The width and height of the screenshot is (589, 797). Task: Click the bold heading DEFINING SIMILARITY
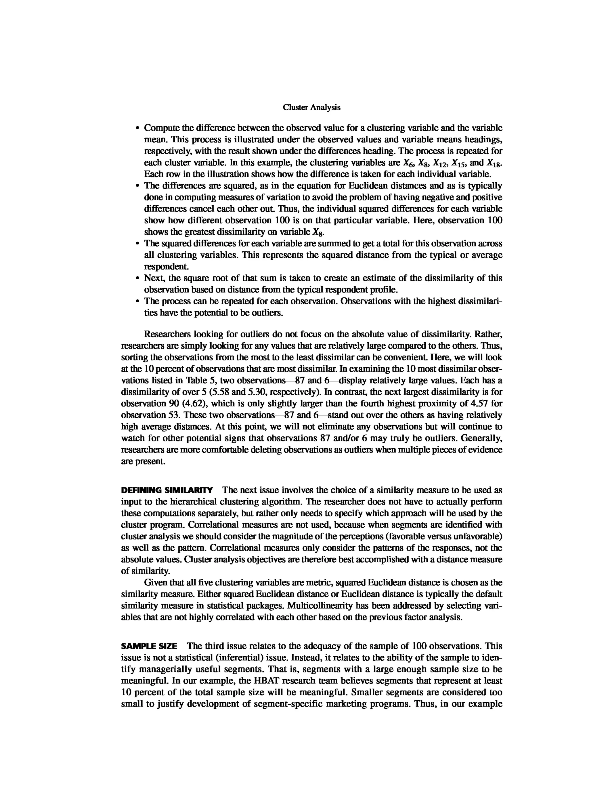point(167,490)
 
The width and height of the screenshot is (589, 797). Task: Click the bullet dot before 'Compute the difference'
point(137,128)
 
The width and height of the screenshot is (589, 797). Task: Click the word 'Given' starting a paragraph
point(155,583)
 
